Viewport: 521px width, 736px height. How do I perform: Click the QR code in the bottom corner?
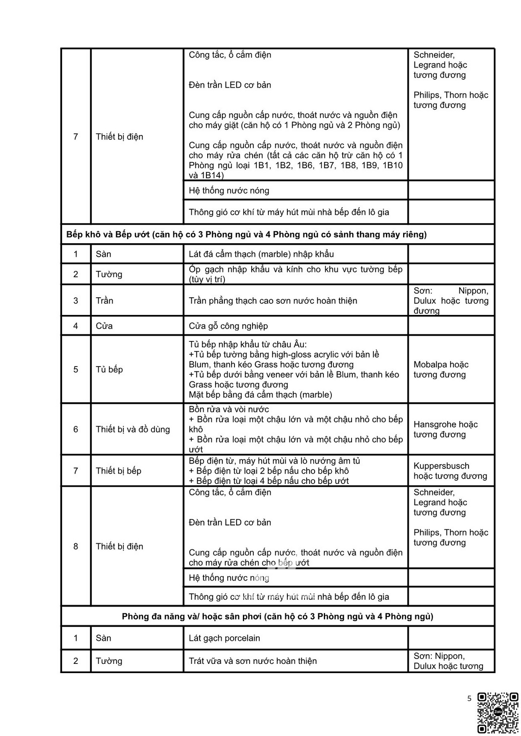pyautogui.click(x=498, y=712)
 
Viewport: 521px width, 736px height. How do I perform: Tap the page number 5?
pyautogui.click(x=469, y=699)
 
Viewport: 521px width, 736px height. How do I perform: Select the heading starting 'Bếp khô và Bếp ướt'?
pyautogui.click(x=246, y=234)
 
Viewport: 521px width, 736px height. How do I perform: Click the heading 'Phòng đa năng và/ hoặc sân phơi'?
pyautogui.click(x=277, y=616)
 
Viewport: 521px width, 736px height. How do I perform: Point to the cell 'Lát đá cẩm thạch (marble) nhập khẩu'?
pyautogui.click(x=261, y=254)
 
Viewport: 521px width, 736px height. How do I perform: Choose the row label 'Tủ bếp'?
pyautogui.click(x=109, y=369)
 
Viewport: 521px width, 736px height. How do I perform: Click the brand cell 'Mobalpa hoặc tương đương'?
pyautogui.click(x=441, y=369)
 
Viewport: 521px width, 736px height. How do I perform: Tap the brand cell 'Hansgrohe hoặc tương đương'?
pyautogui.click(x=446, y=429)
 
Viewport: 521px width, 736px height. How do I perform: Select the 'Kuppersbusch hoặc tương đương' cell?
pyautogui.click(x=450, y=471)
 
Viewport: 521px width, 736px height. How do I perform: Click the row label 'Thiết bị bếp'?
pyautogui.click(x=118, y=471)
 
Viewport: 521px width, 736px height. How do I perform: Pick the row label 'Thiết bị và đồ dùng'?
pyautogui.click(x=133, y=429)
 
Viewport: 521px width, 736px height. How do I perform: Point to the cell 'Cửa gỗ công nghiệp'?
pyautogui.click(x=228, y=326)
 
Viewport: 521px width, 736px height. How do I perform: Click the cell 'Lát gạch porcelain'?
pyautogui.click(x=224, y=638)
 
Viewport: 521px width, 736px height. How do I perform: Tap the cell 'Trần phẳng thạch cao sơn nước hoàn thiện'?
pyautogui.click(x=273, y=300)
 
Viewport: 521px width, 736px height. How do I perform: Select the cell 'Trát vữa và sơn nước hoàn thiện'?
pyautogui.click(x=252, y=661)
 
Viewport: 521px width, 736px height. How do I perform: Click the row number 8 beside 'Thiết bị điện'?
pyautogui.click(x=76, y=546)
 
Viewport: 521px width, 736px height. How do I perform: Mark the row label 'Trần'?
pyautogui.click(x=104, y=300)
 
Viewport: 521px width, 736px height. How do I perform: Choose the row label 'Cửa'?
pyautogui.click(x=104, y=326)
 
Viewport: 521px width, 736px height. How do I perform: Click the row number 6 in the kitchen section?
pyautogui.click(x=76, y=429)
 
